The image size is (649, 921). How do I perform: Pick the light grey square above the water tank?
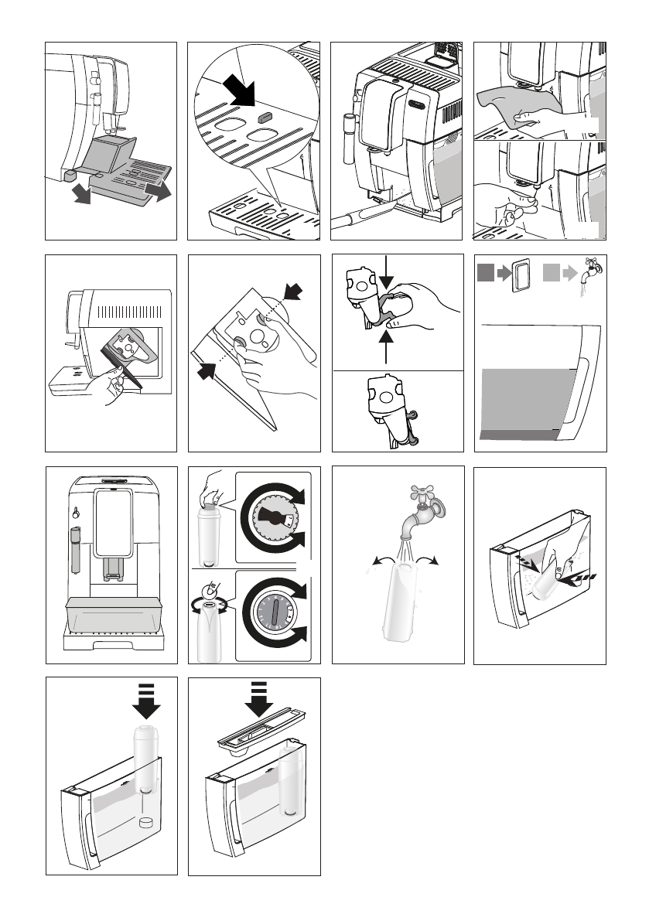pyautogui.click(x=552, y=272)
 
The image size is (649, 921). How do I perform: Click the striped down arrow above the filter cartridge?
pyautogui.click(x=147, y=700)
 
